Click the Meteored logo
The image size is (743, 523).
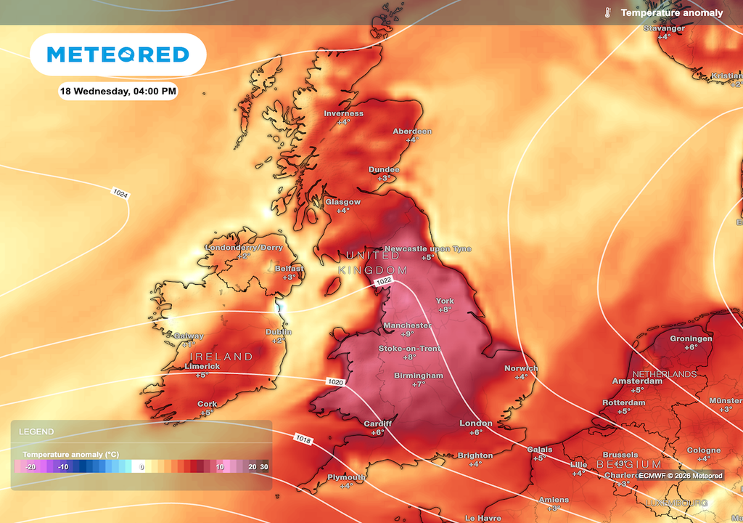click(118, 54)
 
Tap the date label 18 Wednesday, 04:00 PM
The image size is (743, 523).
click(118, 92)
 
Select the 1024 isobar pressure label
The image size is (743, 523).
click(120, 193)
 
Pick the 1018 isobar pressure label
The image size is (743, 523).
click(303, 438)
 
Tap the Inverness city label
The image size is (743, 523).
click(343, 113)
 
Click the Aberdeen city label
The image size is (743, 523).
click(412, 131)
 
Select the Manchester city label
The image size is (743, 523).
click(407, 325)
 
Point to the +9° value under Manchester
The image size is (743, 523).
click(407, 334)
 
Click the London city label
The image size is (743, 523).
click(476, 423)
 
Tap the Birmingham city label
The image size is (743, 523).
click(419, 376)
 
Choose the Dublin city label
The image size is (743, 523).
click(278, 332)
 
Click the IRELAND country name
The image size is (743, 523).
click(221, 357)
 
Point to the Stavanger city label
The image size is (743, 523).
click(664, 28)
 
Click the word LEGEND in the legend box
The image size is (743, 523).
click(36, 431)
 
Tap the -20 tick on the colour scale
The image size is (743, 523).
click(30, 466)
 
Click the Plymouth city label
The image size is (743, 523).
click(346, 477)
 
